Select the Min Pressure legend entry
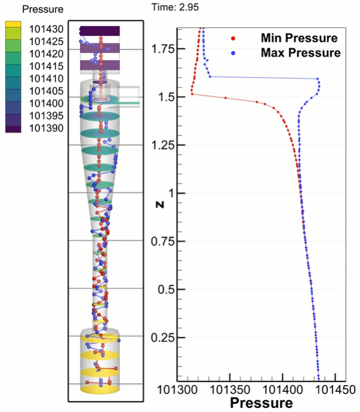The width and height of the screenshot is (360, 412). point(299,39)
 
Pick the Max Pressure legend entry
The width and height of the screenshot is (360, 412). point(300,53)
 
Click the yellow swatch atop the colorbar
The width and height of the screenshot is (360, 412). point(14,26)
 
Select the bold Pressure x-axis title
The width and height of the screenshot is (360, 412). point(261,403)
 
